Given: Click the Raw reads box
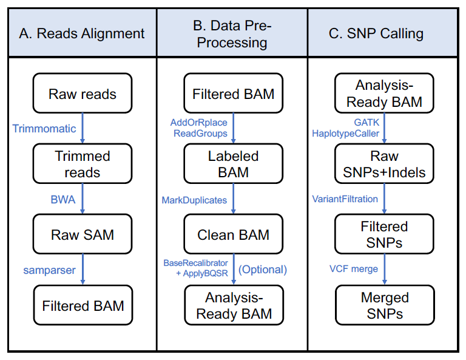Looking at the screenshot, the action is [x=83, y=93].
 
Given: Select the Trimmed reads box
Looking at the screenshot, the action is [x=83, y=163].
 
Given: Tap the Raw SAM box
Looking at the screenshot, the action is [x=83, y=234].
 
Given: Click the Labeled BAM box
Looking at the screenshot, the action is [x=233, y=163].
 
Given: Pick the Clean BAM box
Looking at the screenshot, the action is [x=233, y=234].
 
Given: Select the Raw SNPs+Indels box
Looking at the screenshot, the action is [x=384, y=163].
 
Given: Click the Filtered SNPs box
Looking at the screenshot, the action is [x=384, y=234].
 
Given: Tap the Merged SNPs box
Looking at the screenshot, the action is [x=385, y=305].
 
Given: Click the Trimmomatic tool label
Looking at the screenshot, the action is [x=44, y=129].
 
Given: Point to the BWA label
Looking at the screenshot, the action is [x=63, y=200].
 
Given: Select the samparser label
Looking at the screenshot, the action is [x=49, y=270].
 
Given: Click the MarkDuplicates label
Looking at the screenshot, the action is [x=194, y=200].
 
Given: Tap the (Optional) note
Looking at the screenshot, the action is [x=263, y=270].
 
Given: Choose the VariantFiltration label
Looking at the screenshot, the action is [x=345, y=199].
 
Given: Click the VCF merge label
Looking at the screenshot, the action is [x=354, y=269].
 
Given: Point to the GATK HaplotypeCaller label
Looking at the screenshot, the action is [x=346, y=128].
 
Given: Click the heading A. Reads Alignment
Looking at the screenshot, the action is [x=82, y=33].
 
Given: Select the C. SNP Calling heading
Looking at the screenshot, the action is [x=376, y=33].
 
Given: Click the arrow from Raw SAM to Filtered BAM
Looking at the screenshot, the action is [x=83, y=270].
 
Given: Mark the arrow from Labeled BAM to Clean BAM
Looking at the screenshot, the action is [x=233, y=199].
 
